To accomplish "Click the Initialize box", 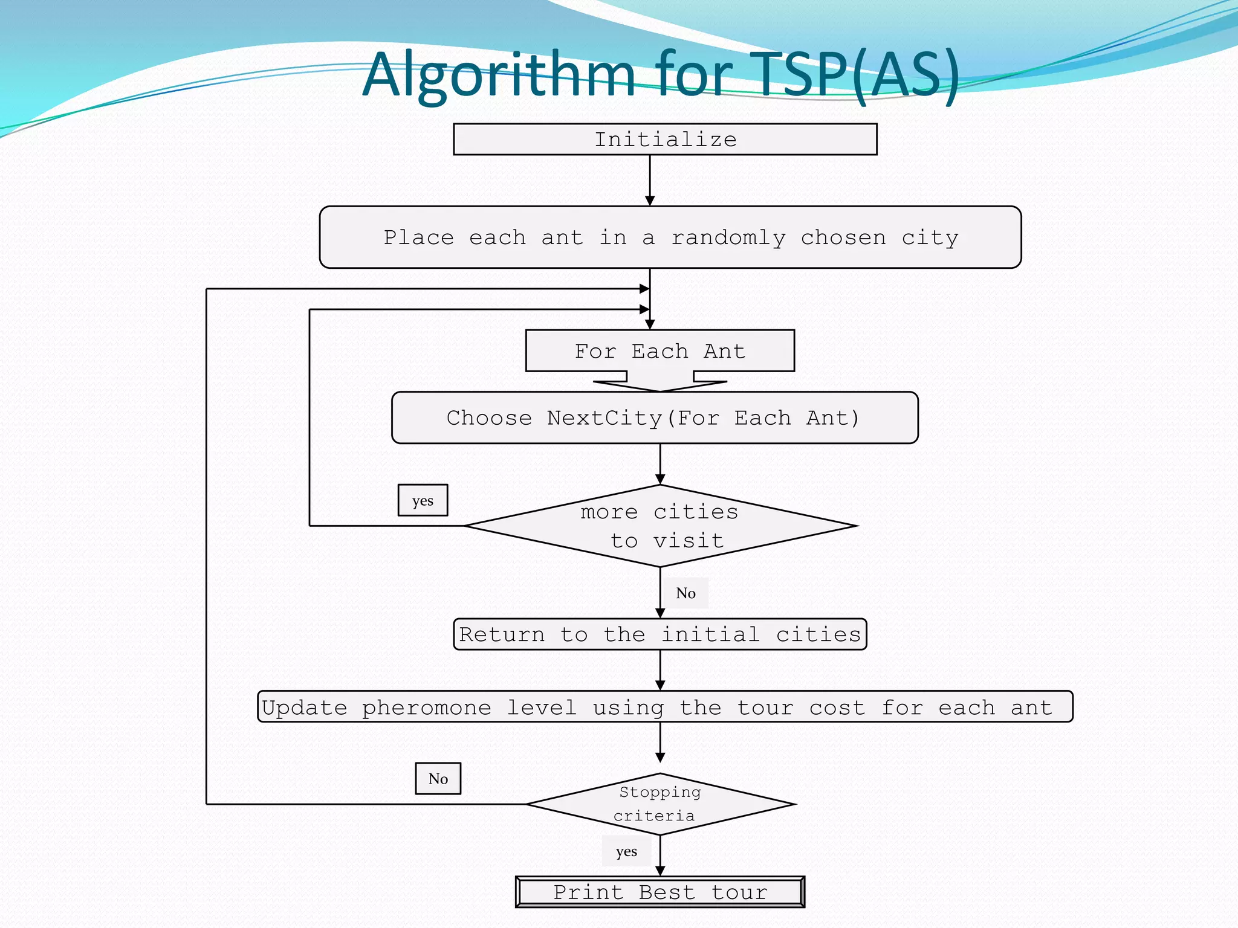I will (x=665, y=140).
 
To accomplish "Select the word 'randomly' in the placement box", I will (x=728, y=238).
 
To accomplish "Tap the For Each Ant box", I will (x=660, y=351).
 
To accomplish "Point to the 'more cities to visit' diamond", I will (x=660, y=526).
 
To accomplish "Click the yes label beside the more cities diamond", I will (x=423, y=500).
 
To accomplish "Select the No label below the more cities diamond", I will (x=685, y=593).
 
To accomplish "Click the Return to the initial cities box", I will (x=660, y=634).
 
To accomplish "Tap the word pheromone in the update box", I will (x=426, y=707).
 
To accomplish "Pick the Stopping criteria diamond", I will (x=660, y=804).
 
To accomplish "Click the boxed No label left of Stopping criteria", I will (x=438, y=779).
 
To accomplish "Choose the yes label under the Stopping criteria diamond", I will (x=626, y=852).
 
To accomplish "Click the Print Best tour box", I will (x=660, y=892).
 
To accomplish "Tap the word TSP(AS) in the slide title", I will (x=857, y=74).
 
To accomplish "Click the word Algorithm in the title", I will (x=499, y=74).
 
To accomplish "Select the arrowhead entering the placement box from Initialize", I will (x=650, y=201).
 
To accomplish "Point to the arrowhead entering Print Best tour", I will (x=660, y=871).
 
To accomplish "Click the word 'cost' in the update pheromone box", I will (x=837, y=707).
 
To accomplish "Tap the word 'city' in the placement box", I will (x=930, y=238).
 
